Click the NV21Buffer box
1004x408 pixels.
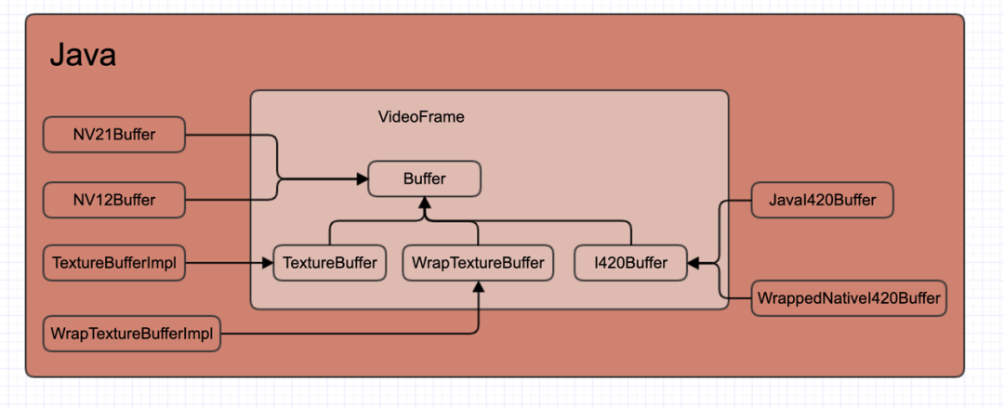point(114,136)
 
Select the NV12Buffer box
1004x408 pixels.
point(114,200)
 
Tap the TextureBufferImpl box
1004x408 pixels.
point(114,263)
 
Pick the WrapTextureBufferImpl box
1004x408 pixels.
point(132,334)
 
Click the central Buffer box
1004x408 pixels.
point(425,178)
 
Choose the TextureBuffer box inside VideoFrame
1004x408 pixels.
point(329,263)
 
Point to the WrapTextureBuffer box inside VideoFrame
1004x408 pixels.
point(478,263)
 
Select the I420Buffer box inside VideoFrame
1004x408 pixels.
point(631,263)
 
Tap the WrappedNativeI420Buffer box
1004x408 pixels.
point(849,298)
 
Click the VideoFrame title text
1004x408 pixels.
point(420,117)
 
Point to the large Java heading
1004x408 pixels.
point(82,56)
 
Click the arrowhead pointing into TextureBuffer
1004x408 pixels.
point(268,263)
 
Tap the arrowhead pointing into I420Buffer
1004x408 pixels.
point(694,263)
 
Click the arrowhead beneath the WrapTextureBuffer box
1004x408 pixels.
point(478,286)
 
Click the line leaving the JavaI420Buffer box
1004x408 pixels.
point(734,200)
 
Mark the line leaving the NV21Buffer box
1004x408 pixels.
point(232,136)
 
